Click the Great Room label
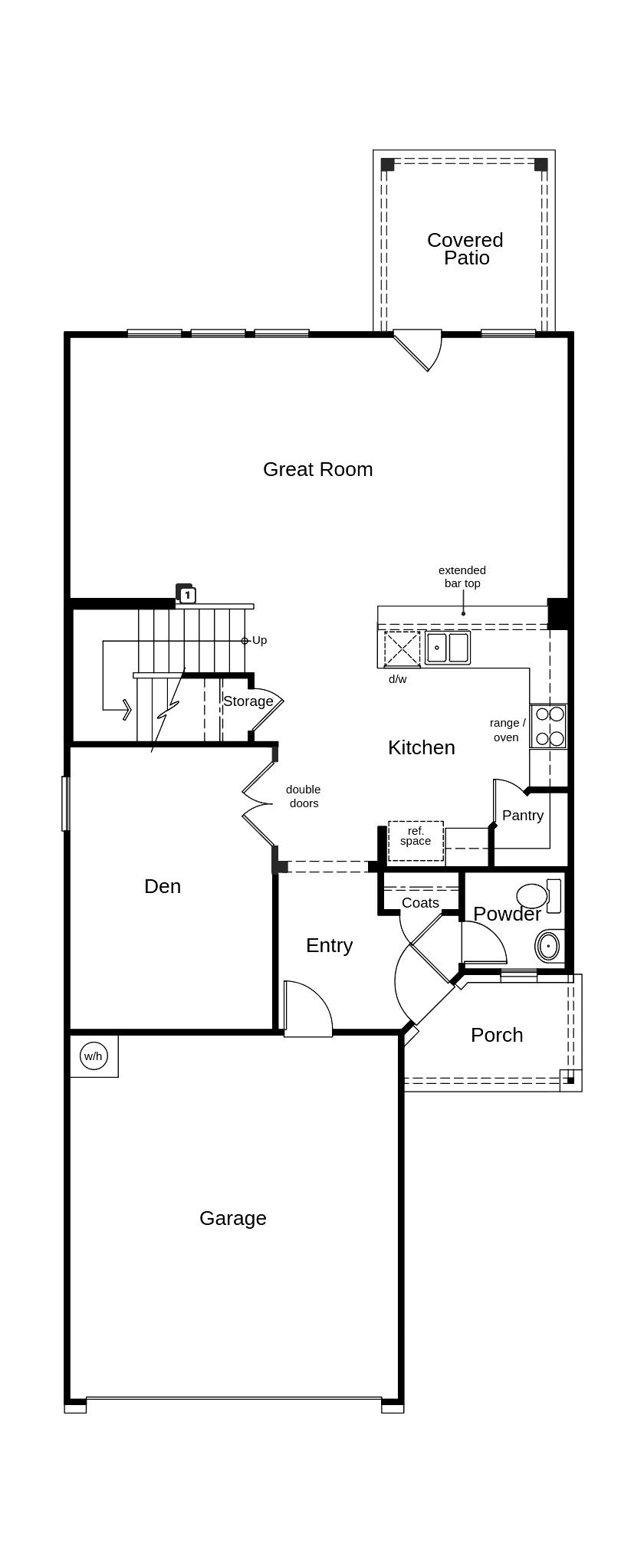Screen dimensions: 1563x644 tap(317, 469)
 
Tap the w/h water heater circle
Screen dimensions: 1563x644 tap(94, 1056)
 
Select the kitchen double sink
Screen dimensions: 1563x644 tap(448, 648)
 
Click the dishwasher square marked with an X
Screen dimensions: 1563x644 tap(402, 649)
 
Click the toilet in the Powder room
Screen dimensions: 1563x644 tap(537, 895)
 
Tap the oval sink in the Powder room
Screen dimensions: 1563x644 tap(548, 946)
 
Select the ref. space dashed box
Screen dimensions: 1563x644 tap(416, 840)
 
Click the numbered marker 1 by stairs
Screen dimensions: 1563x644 tap(186, 595)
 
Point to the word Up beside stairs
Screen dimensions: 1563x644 tap(259, 640)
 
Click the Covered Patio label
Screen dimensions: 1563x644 tap(465, 248)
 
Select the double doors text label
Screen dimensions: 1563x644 tap(304, 796)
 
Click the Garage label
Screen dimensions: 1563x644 tap(233, 1218)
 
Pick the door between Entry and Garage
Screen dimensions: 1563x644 tap(307, 1010)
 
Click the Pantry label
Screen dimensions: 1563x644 tap(523, 815)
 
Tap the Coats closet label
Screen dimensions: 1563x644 tap(420, 902)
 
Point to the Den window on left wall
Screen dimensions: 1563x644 tap(66, 803)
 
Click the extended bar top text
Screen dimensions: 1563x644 tap(462, 576)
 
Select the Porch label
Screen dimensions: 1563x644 tap(497, 1035)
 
